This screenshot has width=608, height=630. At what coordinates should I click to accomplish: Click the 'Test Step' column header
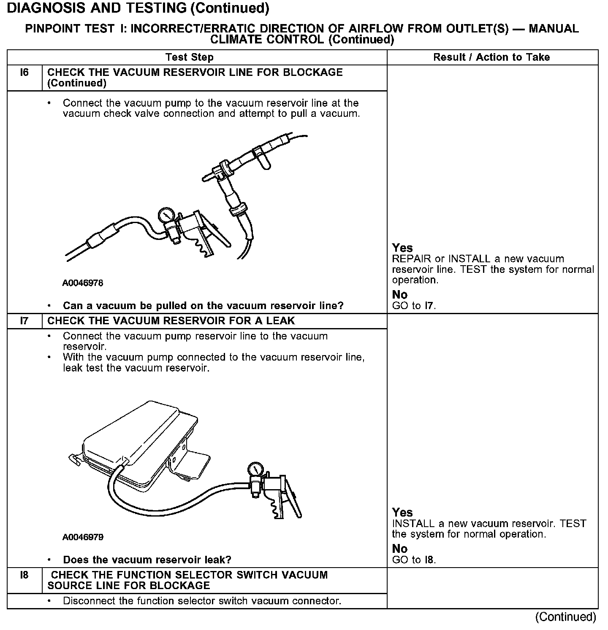190,57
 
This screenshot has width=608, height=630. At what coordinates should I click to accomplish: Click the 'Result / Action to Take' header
491,57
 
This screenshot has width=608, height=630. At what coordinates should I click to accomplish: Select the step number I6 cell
24,73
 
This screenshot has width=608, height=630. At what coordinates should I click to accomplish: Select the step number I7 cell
24,321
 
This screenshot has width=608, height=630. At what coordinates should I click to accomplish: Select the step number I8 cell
24,575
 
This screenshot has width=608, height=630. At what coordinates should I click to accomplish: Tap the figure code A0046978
83,283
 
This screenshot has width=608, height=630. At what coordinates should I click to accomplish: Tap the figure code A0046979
83,537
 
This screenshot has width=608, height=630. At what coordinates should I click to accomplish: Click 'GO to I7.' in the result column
414,306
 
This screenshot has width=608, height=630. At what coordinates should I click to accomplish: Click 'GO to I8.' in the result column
414,560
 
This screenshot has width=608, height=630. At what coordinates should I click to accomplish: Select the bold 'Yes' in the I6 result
402,248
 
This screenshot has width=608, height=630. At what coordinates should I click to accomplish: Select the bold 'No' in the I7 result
399,549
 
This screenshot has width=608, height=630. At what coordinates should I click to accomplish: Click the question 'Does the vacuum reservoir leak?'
147,560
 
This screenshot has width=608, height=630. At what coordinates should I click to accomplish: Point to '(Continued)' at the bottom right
566,617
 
